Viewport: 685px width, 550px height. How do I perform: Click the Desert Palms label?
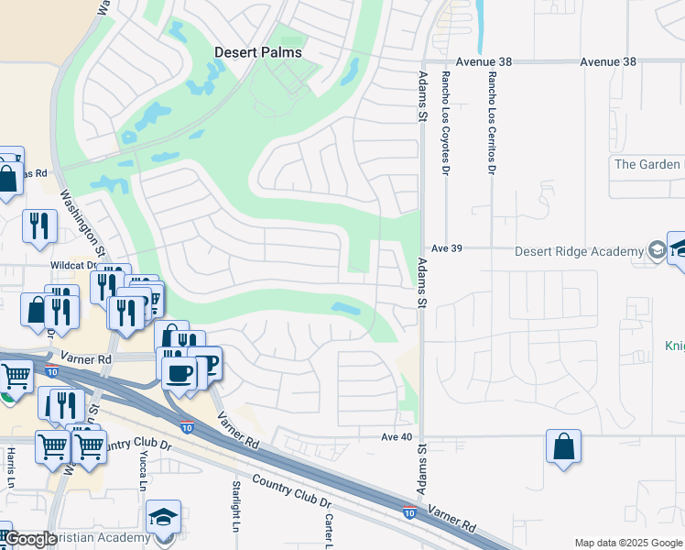(x=257, y=52)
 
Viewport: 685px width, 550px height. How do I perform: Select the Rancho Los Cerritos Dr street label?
(x=492, y=124)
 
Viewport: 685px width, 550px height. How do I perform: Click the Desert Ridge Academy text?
(x=579, y=252)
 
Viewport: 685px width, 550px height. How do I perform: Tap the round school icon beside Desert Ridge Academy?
(x=657, y=250)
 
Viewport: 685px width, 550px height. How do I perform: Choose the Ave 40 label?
(x=397, y=437)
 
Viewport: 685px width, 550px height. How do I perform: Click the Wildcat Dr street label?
(x=74, y=265)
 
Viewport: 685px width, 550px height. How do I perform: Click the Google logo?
(x=29, y=540)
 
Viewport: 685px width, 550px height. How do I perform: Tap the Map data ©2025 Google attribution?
(x=627, y=543)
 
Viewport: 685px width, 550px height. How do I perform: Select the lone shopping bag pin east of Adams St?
(x=564, y=447)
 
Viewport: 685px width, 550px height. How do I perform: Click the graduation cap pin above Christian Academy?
(x=164, y=517)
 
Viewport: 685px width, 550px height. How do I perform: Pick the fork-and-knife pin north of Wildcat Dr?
(x=39, y=225)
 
